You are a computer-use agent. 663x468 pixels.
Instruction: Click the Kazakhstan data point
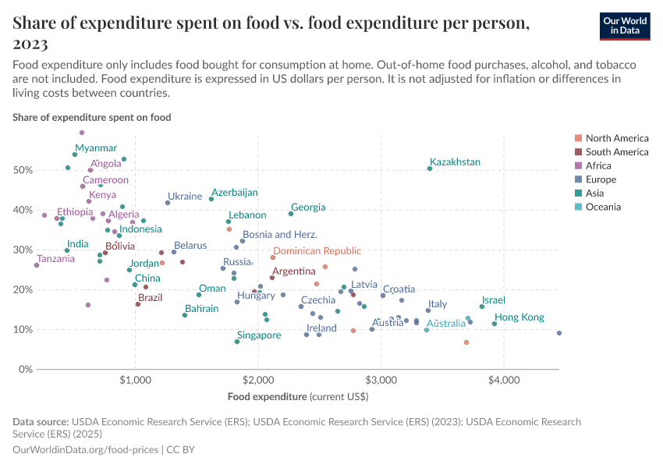(x=430, y=168)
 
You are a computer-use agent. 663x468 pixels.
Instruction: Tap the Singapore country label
(x=258, y=335)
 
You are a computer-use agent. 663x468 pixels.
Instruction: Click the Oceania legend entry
(x=603, y=207)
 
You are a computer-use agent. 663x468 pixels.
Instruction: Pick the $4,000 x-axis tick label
(x=504, y=381)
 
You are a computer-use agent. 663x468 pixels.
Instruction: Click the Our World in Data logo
(x=625, y=26)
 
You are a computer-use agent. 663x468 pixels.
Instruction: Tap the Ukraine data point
(x=168, y=203)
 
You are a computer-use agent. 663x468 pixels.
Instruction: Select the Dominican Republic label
(x=317, y=251)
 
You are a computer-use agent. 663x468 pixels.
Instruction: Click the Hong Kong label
(x=519, y=317)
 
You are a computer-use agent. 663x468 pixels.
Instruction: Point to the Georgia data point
(x=291, y=214)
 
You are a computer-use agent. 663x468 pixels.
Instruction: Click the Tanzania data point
(x=37, y=265)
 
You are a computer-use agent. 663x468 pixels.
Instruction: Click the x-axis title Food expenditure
(x=268, y=397)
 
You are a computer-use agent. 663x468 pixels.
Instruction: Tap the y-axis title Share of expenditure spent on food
(x=92, y=117)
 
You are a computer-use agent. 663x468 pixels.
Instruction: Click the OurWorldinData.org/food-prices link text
(x=85, y=450)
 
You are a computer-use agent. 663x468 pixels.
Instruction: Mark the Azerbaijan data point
(x=211, y=199)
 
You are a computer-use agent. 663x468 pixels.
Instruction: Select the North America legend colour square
(x=577, y=138)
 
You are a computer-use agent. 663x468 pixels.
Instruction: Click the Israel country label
(x=493, y=300)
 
